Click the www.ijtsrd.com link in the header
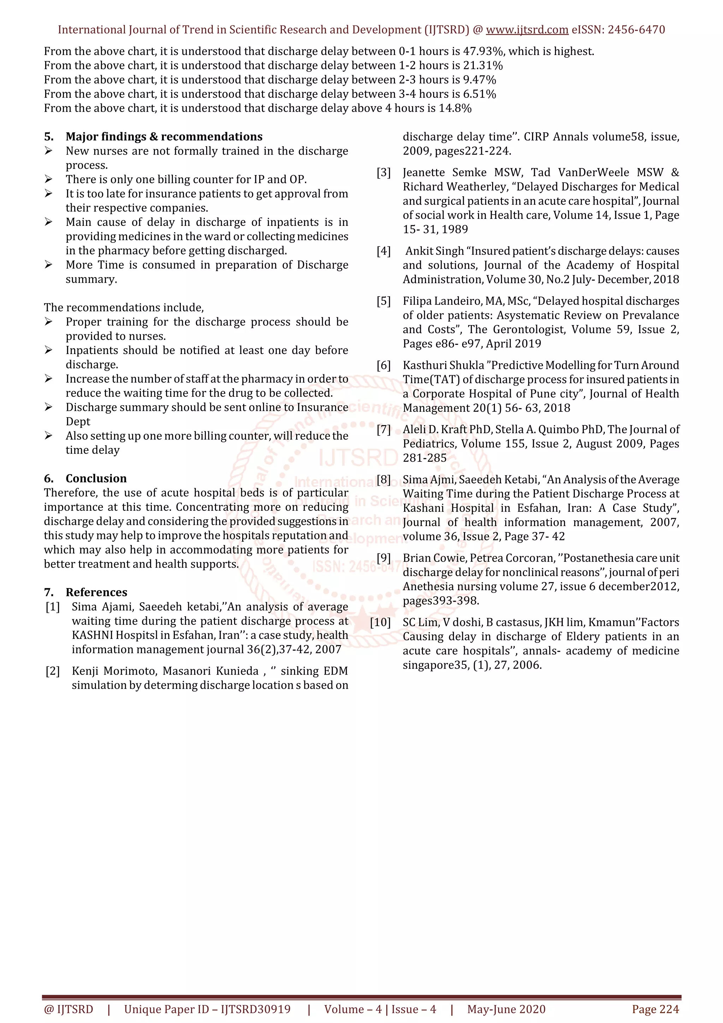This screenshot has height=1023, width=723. (527, 30)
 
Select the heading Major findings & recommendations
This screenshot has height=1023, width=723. (164, 136)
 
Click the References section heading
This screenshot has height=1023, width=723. (96, 592)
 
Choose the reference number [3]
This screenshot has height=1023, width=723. (383, 172)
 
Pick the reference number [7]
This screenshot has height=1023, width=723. (383, 430)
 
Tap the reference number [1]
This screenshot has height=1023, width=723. (53, 607)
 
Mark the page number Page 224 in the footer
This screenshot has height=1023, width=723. (655, 1009)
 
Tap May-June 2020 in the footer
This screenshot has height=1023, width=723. (506, 1009)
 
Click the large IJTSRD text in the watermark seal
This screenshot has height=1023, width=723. (358, 457)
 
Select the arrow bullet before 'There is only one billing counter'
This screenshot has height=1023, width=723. (49, 179)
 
